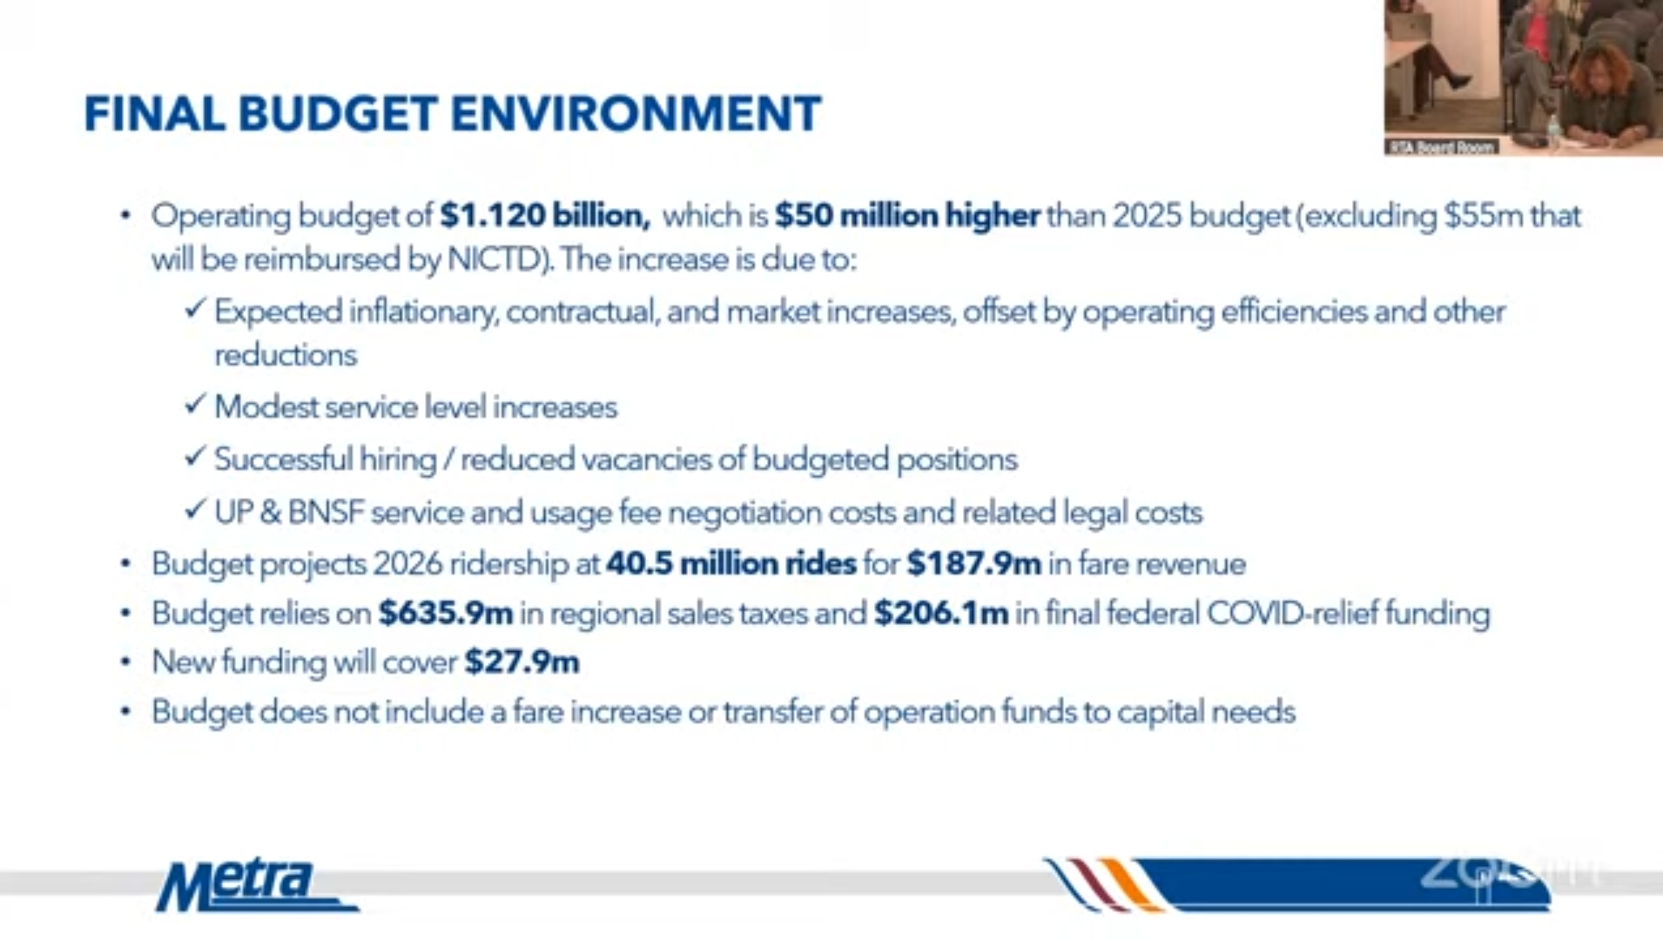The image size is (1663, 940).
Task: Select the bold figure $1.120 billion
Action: pyautogui.click(x=545, y=215)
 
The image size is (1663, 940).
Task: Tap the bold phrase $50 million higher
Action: pyautogui.click(x=907, y=216)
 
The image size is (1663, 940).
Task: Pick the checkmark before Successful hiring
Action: pyautogui.click(x=195, y=456)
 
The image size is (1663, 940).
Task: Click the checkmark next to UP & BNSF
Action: pyautogui.click(x=195, y=508)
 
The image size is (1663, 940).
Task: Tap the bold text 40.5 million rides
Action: pyautogui.click(x=731, y=564)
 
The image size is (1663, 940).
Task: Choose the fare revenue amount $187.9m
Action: pyautogui.click(x=973, y=564)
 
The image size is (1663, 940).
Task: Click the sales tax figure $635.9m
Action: pyautogui.click(x=446, y=614)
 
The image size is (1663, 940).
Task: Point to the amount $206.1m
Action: pyautogui.click(x=941, y=614)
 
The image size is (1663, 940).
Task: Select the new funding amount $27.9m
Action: pyautogui.click(x=522, y=662)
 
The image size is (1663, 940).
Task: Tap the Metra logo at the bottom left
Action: pyautogui.click(x=256, y=886)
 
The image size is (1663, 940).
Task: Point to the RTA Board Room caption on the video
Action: pyautogui.click(x=1442, y=147)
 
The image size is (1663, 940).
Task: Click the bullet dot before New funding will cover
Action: pyautogui.click(x=126, y=662)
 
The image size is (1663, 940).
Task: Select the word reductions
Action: pyautogui.click(x=286, y=355)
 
